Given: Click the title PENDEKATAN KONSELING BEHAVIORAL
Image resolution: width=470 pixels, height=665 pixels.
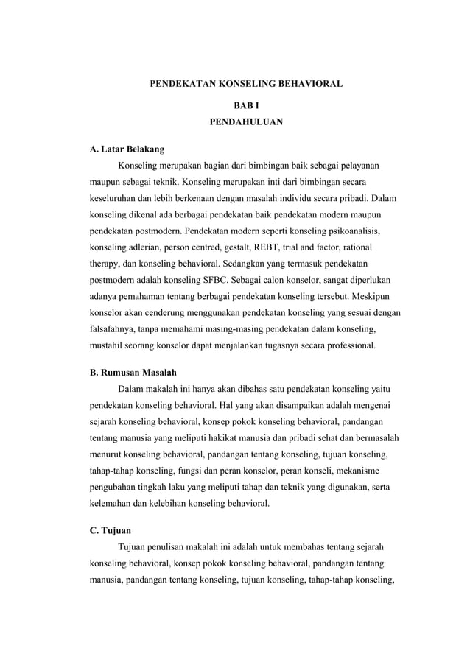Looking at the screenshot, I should coord(246,85).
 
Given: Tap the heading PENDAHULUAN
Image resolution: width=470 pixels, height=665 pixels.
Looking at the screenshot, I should coord(246,122).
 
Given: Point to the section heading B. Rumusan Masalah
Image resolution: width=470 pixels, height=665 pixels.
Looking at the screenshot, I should coord(133,371).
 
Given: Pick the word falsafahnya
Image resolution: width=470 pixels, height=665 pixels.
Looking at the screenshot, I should coord(115,328).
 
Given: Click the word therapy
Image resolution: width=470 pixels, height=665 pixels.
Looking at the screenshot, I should coord(105,263).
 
